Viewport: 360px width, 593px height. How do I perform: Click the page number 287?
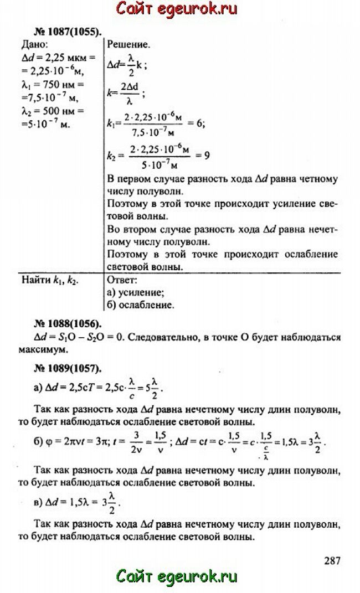(332, 560)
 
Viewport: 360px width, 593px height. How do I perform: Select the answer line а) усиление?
(135, 292)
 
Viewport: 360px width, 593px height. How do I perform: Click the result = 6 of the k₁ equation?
(197, 125)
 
